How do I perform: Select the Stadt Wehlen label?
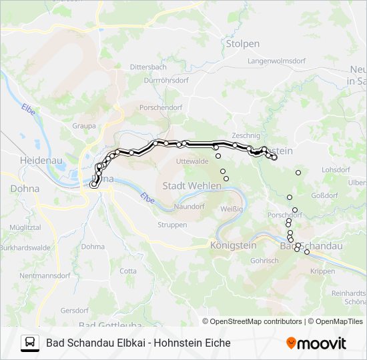tap(192, 185)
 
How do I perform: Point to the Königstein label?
tap(233, 245)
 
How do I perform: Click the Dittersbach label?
tap(147, 67)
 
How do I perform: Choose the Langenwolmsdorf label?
tap(272, 61)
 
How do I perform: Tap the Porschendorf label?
tap(160, 107)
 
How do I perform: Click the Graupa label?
tap(83, 125)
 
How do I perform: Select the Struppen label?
tap(172, 225)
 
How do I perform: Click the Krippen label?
tap(323, 271)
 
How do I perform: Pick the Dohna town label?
tap(25, 189)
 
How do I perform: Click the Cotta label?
tap(128, 271)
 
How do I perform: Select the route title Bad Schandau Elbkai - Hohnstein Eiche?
tap(138, 343)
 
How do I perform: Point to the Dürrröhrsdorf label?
tap(166, 80)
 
